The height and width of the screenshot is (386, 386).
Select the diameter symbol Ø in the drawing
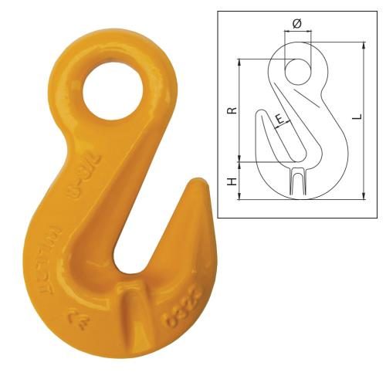(x=297, y=23)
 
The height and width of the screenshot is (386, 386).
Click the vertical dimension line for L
(x=364, y=124)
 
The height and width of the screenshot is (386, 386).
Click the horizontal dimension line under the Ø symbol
(x=297, y=32)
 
